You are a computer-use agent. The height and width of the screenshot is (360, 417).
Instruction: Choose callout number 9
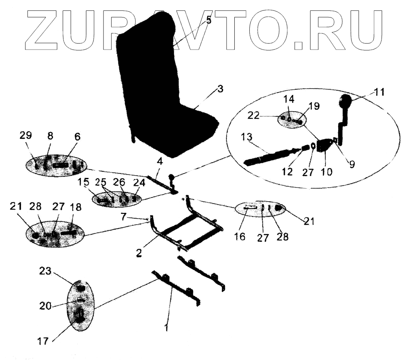pyautogui.click(x=353, y=164)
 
